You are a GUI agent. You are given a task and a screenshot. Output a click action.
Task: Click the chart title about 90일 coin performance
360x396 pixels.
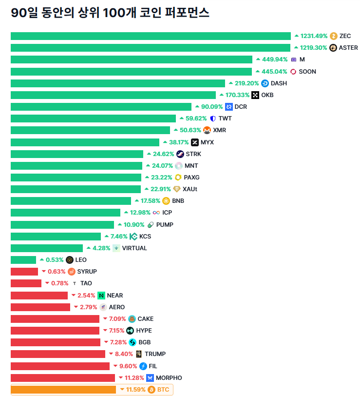(x=110, y=13)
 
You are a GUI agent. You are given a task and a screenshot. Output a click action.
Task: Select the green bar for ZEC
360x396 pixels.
(x=151, y=36)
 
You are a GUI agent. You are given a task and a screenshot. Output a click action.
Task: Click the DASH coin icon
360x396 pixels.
(x=265, y=83)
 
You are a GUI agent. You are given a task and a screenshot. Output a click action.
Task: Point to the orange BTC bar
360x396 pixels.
(x=63, y=390)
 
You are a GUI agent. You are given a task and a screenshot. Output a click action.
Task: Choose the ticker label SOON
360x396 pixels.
(x=307, y=72)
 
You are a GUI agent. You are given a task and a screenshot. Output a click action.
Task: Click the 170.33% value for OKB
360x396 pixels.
(x=237, y=95)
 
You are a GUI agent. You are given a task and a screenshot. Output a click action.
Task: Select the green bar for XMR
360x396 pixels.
(x=90, y=130)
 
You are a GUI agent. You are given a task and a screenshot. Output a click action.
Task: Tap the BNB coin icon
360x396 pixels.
(x=166, y=201)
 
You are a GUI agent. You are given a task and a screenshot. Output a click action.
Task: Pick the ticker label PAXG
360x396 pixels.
(x=191, y=178)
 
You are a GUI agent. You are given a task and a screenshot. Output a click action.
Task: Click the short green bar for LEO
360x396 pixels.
(x=23, y=260)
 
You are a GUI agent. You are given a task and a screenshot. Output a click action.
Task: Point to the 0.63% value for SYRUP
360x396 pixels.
(x=56, y=272)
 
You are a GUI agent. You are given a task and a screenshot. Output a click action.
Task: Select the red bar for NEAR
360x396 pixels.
(x=39, y=296)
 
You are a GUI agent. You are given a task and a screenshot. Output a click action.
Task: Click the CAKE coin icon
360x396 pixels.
(x=132, y=319)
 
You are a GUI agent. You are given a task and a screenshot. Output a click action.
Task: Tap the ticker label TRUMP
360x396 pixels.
(x=155, y=354)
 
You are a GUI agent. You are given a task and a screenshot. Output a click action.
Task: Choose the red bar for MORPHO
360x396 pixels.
(x=63, y=378)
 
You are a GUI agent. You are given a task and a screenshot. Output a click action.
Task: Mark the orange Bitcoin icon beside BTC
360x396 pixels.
(x=152, y=390)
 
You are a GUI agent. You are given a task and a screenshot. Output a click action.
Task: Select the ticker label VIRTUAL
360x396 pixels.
(x=134, y=248)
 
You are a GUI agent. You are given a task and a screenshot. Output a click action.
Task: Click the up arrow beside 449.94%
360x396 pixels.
(x=258, y=59)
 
